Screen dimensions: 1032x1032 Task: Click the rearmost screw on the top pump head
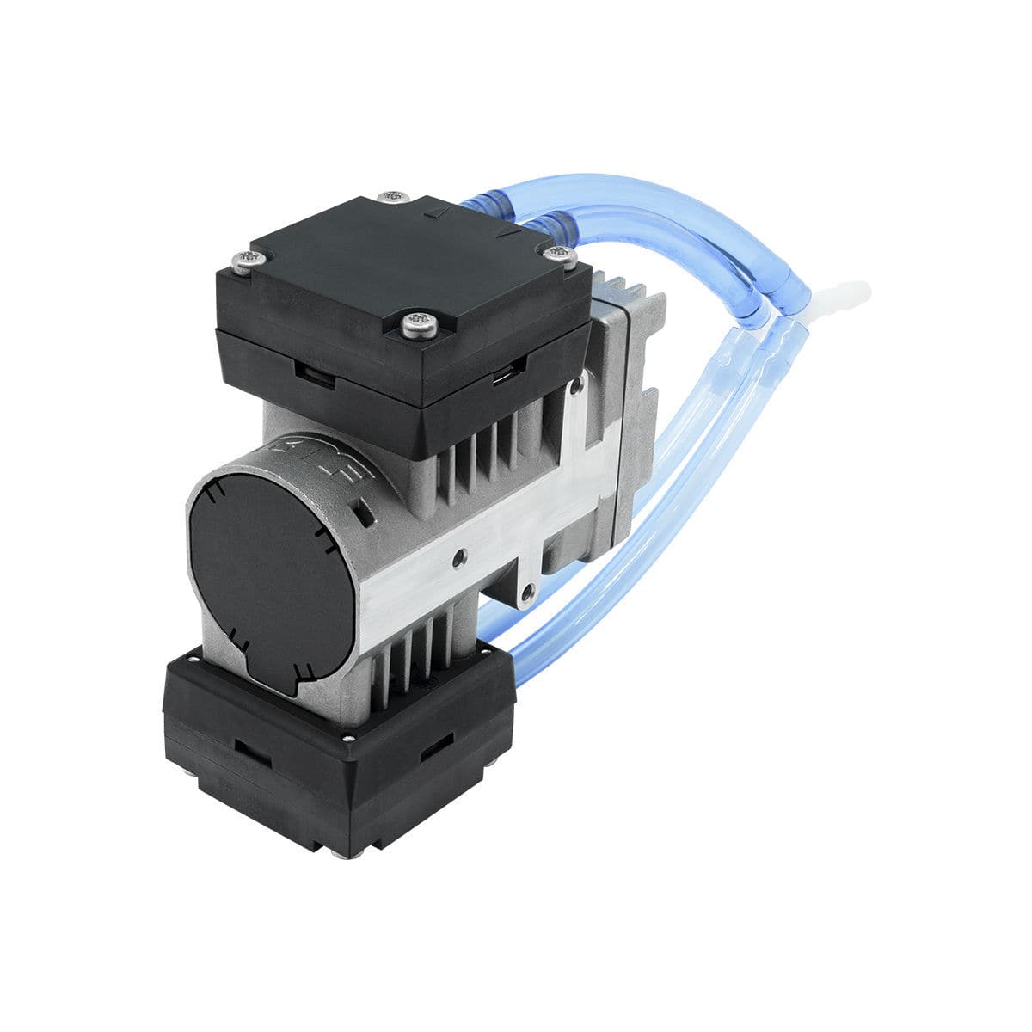(x=395, y=196)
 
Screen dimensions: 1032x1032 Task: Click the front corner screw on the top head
(x=421, y=325)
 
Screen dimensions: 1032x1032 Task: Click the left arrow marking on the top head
(x=439, y=209)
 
